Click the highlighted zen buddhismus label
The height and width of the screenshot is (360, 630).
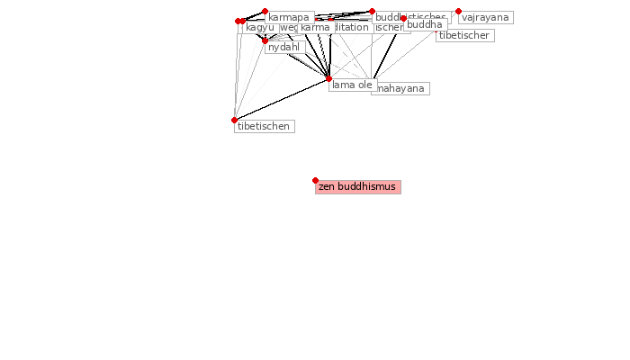coord(357,187)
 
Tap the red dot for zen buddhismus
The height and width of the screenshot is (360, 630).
coord(315,180)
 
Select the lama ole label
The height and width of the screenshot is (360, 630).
coord(352,85)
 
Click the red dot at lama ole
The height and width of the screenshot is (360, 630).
coord(328,79)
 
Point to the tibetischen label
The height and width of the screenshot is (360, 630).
coord(264,127)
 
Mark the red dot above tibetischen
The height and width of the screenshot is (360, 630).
coord(234,120)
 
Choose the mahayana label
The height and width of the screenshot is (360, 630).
coord(401,89)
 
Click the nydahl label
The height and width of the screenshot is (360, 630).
coord(283,48)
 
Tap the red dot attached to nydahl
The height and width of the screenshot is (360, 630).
coord(265,40)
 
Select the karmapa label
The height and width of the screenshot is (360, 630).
coord(289,18)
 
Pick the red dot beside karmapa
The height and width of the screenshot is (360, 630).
coord(265,12)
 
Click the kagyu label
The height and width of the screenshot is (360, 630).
coord(259,28)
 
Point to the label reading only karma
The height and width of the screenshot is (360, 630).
coord(315,28)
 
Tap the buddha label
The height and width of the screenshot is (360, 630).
coord(425,25)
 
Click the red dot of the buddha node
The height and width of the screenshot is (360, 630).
coord(403,18)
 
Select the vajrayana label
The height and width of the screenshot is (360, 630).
coord(485,18)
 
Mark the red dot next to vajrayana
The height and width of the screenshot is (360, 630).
coord(458,12)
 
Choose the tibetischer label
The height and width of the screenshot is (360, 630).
coord(464,36)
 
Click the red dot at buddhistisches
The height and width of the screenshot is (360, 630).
coord(372,12)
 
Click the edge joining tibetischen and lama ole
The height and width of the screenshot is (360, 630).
coord(281,99)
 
